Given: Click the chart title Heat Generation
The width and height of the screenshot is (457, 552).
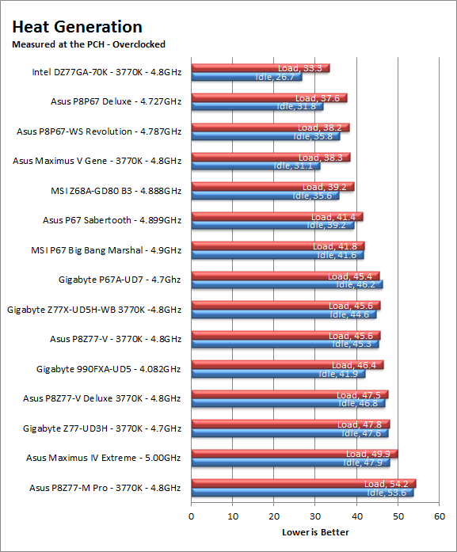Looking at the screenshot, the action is click(77, 27).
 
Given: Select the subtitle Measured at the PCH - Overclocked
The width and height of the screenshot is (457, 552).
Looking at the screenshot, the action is click(89, 44).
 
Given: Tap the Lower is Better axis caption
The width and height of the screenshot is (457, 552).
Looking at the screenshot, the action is click(315, 532).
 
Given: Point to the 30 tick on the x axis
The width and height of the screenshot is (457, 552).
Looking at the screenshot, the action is click(315, 516).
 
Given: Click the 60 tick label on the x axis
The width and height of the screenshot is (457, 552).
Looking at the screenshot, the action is click(440, 516).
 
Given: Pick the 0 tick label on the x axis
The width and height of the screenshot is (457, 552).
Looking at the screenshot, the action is click(191, 516).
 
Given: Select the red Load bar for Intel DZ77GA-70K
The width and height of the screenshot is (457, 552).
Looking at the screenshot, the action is click(261, 68).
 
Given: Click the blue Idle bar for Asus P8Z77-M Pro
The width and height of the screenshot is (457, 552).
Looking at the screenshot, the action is click(303, 493).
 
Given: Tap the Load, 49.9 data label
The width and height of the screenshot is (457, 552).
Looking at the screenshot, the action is click(368, 454).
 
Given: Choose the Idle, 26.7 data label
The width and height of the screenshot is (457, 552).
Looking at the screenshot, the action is click(275, 77).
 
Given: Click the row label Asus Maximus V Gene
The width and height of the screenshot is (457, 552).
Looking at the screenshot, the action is click(97, 161).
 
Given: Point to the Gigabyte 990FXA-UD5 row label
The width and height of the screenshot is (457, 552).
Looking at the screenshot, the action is click(109, 369).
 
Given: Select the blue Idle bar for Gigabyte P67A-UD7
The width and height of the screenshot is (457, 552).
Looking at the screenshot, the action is click(287, 284).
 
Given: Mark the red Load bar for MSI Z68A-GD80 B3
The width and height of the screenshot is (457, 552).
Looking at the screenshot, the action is click(273, 187).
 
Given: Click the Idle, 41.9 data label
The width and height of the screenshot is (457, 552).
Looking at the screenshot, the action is click(338, 374).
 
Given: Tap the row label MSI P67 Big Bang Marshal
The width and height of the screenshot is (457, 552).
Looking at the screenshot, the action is click(106, 250).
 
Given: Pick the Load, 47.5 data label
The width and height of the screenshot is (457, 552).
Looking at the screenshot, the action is click(359, 395).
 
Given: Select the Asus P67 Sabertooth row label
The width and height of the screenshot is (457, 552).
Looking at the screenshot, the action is click(112, 220).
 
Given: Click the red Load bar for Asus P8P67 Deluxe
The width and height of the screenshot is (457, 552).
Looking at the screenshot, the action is click(269, 98).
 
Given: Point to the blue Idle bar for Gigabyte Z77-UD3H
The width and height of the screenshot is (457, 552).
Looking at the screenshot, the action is click(290, 433).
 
